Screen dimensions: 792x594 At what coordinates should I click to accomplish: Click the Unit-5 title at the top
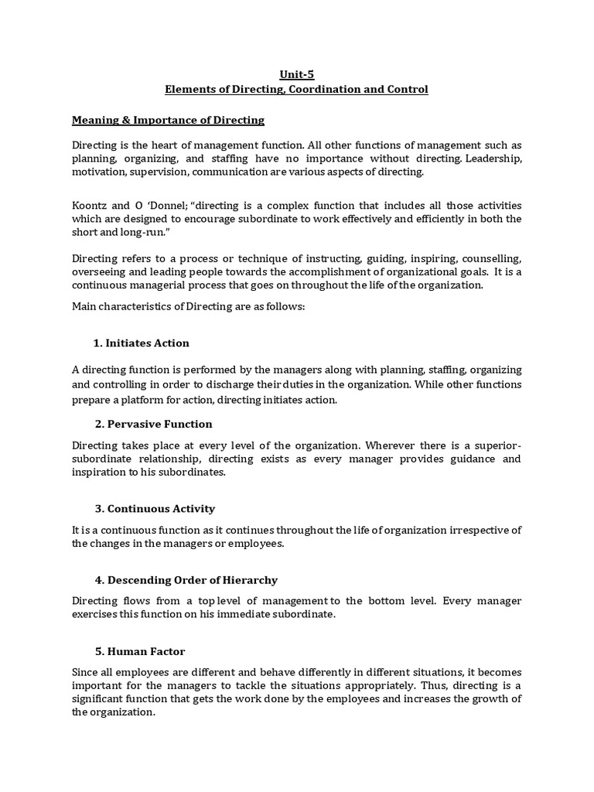click(x=296, y=74)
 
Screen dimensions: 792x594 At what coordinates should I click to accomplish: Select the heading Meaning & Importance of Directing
click(x=168, y=120)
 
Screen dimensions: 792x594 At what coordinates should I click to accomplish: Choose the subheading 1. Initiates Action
click(x=141, y=343)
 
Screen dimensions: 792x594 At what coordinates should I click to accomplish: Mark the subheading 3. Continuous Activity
click(x=154, y=509)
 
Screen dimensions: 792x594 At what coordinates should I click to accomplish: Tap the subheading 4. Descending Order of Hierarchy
click(x=185, y=580)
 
